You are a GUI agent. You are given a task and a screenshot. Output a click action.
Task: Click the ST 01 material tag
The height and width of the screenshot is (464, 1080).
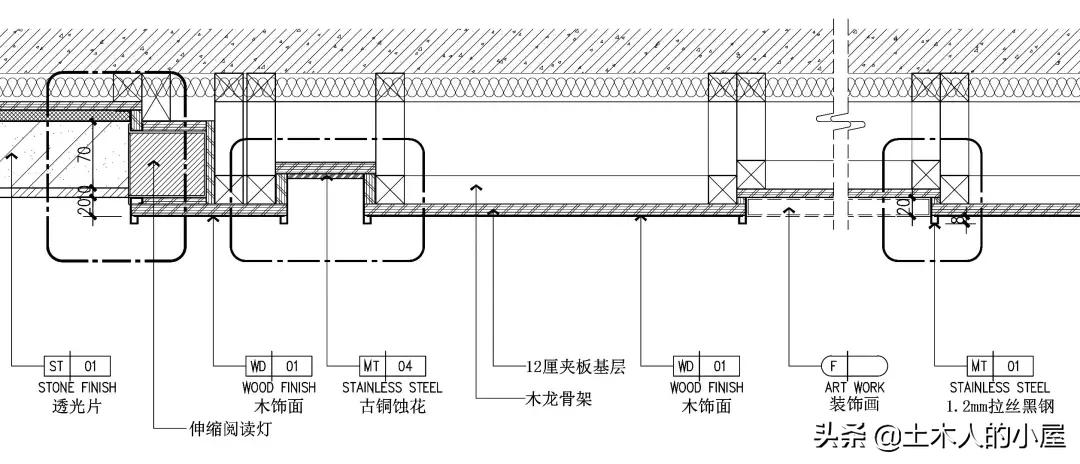click(x=77, y=366)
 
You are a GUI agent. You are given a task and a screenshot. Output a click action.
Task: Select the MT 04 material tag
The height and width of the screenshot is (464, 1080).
click(x=392, y=366)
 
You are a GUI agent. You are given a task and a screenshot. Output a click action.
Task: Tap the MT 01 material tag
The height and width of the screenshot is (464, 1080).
click(x=999, y=366)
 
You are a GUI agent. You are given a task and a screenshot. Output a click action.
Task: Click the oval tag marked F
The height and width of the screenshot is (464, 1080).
click(x=853, y=366)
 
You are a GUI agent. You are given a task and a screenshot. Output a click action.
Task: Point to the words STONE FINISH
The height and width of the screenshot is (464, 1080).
click(x=77, y=387)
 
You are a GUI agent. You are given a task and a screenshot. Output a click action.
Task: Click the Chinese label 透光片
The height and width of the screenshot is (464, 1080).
click(x=76, y=407)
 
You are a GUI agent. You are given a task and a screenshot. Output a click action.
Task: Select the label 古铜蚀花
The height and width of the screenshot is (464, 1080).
click(x=391, y=407)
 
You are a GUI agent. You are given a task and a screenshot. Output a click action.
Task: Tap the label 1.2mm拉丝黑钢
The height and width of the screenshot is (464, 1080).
click(x=999, y=407)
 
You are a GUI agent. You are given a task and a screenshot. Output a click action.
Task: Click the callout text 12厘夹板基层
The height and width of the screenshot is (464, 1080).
click(x=575, y=367)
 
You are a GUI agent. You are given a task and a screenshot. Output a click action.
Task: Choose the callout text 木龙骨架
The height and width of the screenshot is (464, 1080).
click(x=559, y=399)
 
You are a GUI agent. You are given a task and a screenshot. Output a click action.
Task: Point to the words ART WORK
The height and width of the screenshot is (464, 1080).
click(x=853, y=387)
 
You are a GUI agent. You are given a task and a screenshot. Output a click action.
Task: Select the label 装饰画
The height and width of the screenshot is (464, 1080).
click(x=853, y=407)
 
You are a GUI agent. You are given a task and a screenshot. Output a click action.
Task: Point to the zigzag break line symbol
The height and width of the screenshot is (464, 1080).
click(x=840, y=124)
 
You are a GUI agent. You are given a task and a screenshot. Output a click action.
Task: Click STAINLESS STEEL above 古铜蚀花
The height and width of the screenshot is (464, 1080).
click(x=392, y=387)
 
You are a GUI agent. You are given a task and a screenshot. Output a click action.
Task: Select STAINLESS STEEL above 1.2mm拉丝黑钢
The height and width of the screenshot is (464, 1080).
click(x=999, y=387)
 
